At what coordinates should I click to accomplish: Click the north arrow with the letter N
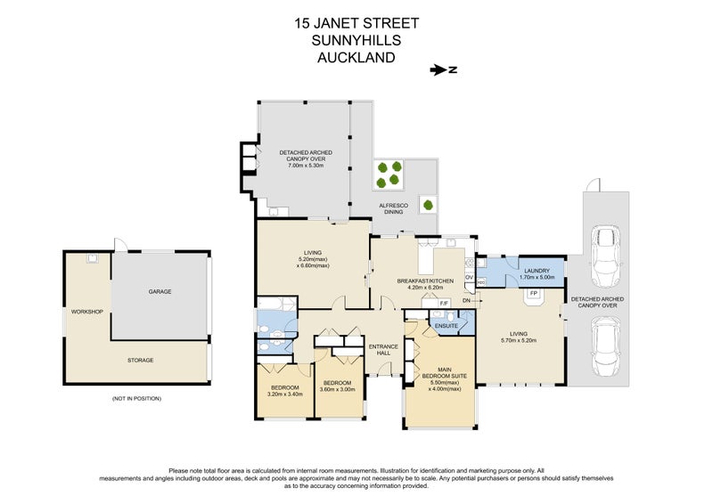[442, 69]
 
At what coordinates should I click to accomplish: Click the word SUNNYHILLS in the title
[356, 41]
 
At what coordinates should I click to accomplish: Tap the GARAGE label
[160, 291]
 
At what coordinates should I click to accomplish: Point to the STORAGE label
[140, 360]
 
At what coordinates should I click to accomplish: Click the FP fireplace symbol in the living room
[534, 293]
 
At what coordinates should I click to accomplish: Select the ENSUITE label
[446, 326]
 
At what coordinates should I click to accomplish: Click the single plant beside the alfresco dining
[428, 205]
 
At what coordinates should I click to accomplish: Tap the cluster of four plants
[389, 174]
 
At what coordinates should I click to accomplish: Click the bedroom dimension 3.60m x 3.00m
[337, 389]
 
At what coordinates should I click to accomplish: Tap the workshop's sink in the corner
[92, 259]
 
